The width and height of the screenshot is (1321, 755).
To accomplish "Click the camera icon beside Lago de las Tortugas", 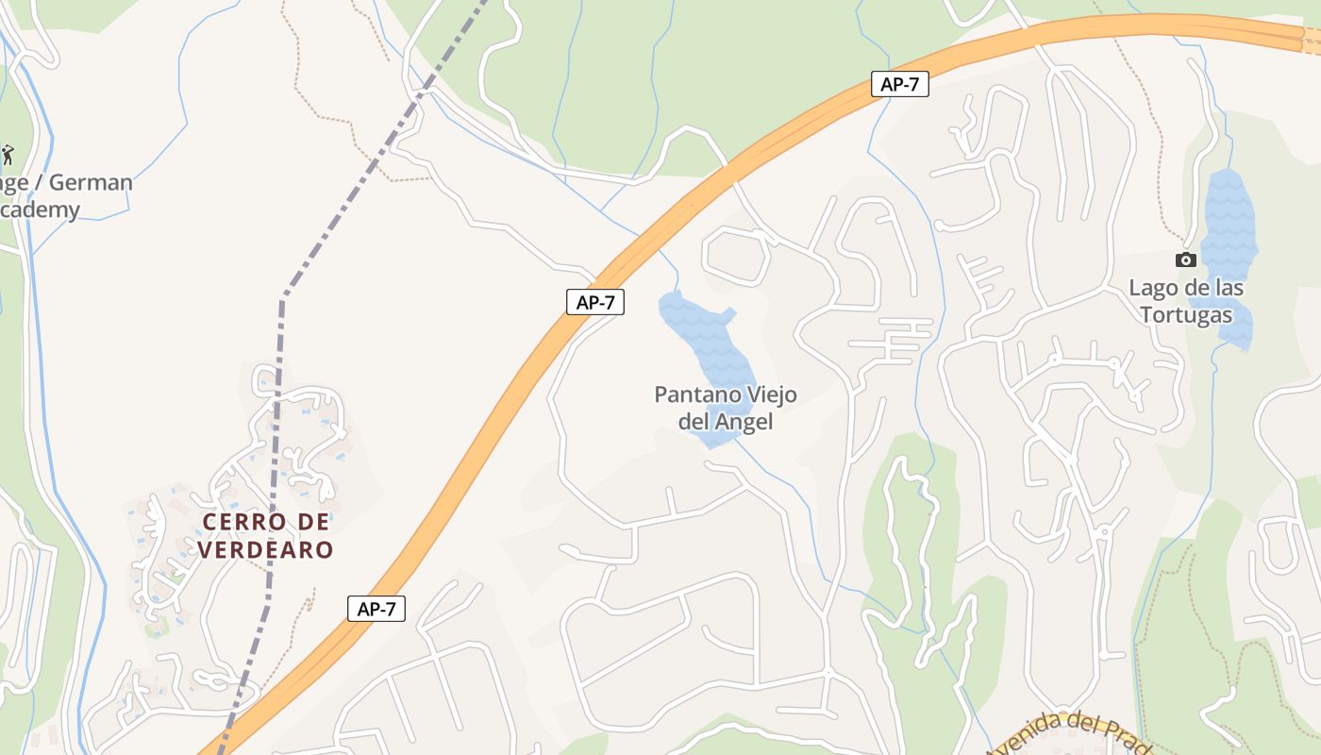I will click(x=1186, y=260).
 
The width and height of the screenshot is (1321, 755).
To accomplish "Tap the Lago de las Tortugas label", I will click(x=1186, y=301).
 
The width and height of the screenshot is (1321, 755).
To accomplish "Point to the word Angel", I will click(x=744, y=422).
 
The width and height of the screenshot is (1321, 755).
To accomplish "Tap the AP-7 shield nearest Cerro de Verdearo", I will click(x=376, y=609).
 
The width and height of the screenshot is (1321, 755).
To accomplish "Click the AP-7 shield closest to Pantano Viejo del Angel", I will click(x=595, y=302).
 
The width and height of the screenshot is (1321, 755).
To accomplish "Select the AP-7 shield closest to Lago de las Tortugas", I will click(x=899, y=84).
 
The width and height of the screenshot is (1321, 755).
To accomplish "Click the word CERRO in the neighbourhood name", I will click(x=239, y=522).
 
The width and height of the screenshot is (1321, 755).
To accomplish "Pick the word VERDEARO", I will click(x=265, y=549).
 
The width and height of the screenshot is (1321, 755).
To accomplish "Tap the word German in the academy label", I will click(x=91, y=182).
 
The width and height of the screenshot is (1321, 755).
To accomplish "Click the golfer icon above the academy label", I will click(x=8, y=154).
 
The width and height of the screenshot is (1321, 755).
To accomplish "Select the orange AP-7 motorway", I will click(x=491, y=425).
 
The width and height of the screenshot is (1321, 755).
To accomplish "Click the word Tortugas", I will click(x=1186, y=314).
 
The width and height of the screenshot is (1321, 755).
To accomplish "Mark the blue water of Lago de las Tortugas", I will click(x=1229, y=226).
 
